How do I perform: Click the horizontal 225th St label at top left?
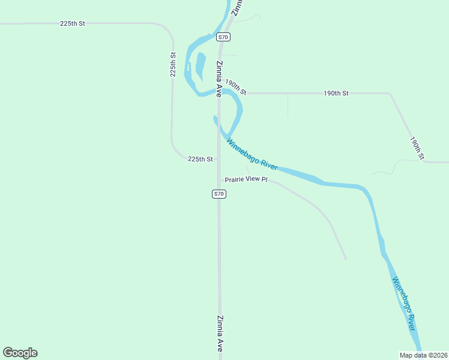pyautogui.click(x=73, y=23)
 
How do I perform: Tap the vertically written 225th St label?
pyautogui.click(x=173, y=64)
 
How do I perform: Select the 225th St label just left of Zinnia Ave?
pyautogui.click(x=200, y=159)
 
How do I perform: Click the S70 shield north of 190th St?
pyautogui.click(x=223, y=37)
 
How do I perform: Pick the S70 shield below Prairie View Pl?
pyautogui.click(x=219, y=194)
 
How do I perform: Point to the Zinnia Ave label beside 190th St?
pyautogui.click(x=220, y=79)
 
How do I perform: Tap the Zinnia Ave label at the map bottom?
pyautogui.click(x=220, y=333)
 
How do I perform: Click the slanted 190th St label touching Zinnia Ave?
pyautogui.click(x=235, y=87)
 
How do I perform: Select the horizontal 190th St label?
pyautogui.click(x=336, y=93)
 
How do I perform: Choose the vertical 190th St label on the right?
pyautogui.click(x=417, y=148)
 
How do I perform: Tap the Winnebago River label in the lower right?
pyautogui.click(x=403, y=304)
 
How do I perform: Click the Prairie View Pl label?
pyautogui.click(x=246, y=179)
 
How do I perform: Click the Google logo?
pyautogui.click(x=20, y=353)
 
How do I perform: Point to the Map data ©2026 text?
pyautogui.click(x=424, y=355)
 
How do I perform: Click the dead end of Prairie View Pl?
pyautogui.click(x=345, y=258)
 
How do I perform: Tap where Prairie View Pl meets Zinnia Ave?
pyautogui.click(x=219, y=179)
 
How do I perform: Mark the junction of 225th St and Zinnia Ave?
pyautogui.click(x=218, y=159)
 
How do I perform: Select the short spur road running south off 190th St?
pyautogui.click(x=288, y=106)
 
